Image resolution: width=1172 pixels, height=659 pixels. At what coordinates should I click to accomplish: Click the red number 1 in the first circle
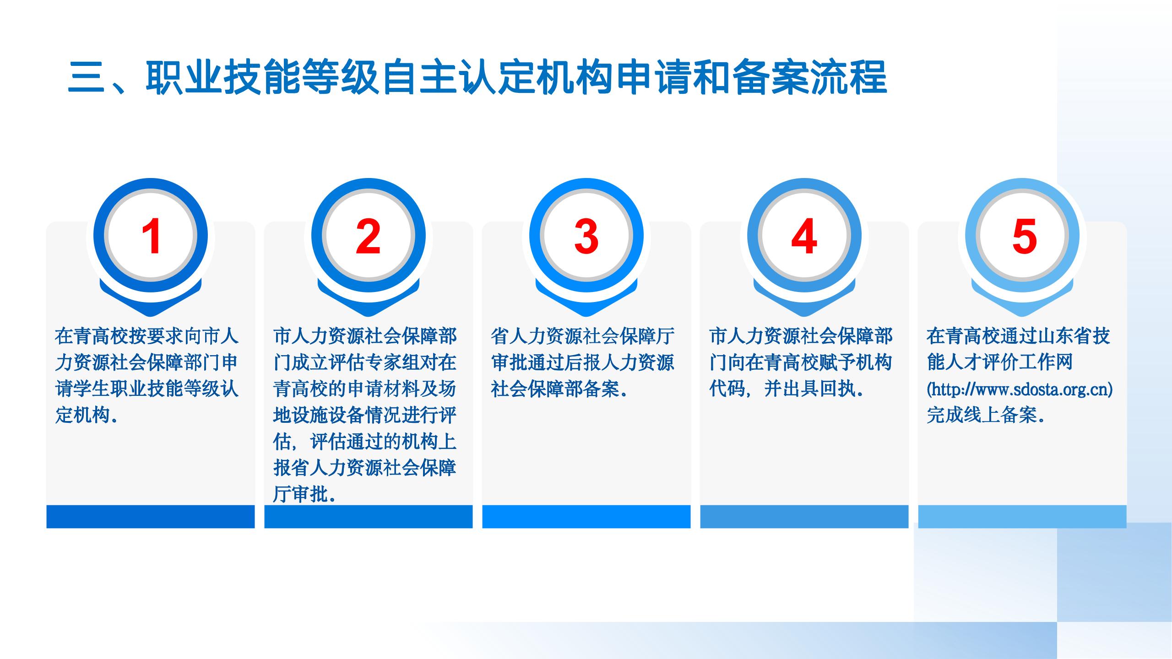coord(151,236)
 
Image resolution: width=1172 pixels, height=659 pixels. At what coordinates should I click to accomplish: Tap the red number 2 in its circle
coord(369,236)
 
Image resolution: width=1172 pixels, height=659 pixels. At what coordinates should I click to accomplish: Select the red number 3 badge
coord(586,236)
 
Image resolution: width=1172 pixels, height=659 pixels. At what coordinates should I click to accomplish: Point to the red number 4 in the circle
coord(804,236)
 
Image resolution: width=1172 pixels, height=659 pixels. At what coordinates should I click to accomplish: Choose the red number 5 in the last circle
coord(1024,236)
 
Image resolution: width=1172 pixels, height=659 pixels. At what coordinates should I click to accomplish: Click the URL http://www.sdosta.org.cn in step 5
coord(1020,389)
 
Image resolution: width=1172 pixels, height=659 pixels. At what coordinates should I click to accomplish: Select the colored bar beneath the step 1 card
coord(151,516)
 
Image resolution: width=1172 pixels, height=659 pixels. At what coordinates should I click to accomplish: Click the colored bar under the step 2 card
coord(369,516)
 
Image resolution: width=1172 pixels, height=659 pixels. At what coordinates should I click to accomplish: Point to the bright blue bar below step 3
coord(586,516)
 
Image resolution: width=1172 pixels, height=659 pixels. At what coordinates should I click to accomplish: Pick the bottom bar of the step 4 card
coord(804,516)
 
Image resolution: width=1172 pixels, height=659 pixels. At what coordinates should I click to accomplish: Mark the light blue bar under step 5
coord(1022,516)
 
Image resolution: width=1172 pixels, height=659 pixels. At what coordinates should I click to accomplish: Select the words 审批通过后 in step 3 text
coord(537,363)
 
